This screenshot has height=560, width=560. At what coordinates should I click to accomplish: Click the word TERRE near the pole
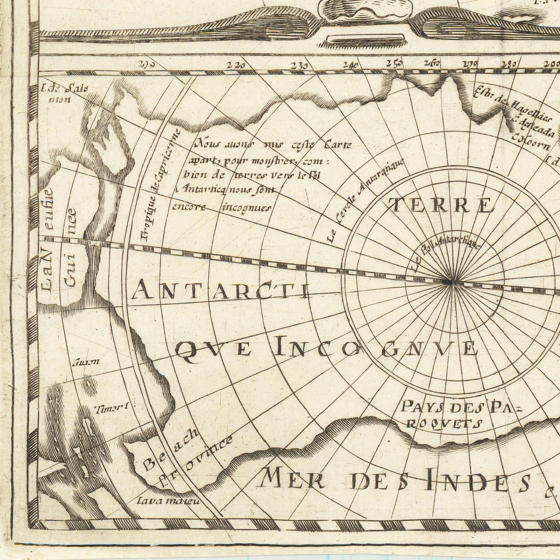pos(441,206)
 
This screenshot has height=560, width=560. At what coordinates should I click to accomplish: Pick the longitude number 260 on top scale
pos(432,63)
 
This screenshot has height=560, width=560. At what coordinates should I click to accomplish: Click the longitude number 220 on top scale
pos(236,66)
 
